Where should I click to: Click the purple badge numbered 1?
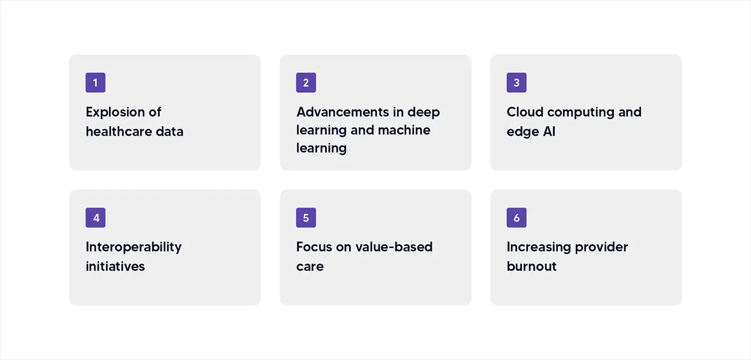point(95,83)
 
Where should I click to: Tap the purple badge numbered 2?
point(306,83)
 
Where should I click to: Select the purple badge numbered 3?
point(517,83)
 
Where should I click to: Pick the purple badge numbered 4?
point(95,218)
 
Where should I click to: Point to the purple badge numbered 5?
point(306,218)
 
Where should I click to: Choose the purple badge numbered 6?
point(517,218)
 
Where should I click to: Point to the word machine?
point(404,130)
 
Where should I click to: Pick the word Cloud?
point(524,112)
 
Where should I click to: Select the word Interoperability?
point(134,247)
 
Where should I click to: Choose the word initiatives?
point(115,266)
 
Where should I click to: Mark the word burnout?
point(532,266)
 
